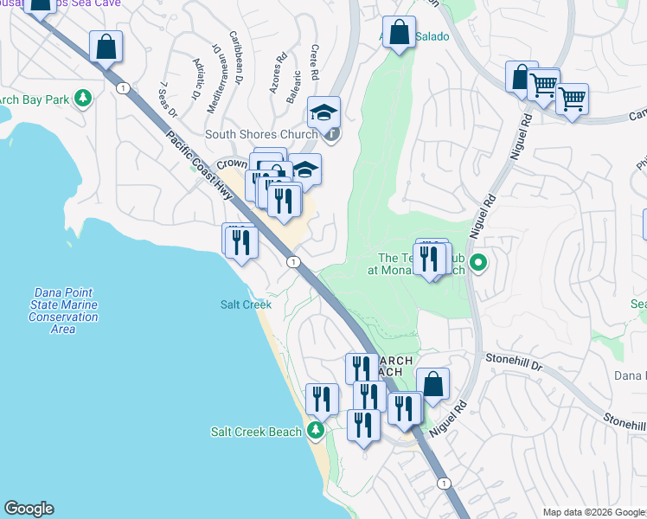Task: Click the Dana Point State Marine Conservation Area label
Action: click(63, 311)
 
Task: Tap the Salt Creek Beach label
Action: click(256, 432)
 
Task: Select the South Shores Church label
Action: click(261, 134)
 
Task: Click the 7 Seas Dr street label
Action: click(168, 99)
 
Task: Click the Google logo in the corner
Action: click(29, 509)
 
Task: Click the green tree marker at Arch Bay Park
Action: click(83, 99)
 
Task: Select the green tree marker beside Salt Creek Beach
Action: click(316, 430)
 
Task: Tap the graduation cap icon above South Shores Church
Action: click(324, 112)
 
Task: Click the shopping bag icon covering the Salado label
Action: click(398, 33)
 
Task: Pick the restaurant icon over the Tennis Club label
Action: click(428, 259)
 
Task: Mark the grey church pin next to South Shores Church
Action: click(332, 134)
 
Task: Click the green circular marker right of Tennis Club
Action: click(476, 261)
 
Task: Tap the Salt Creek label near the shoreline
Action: click(246, 304)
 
